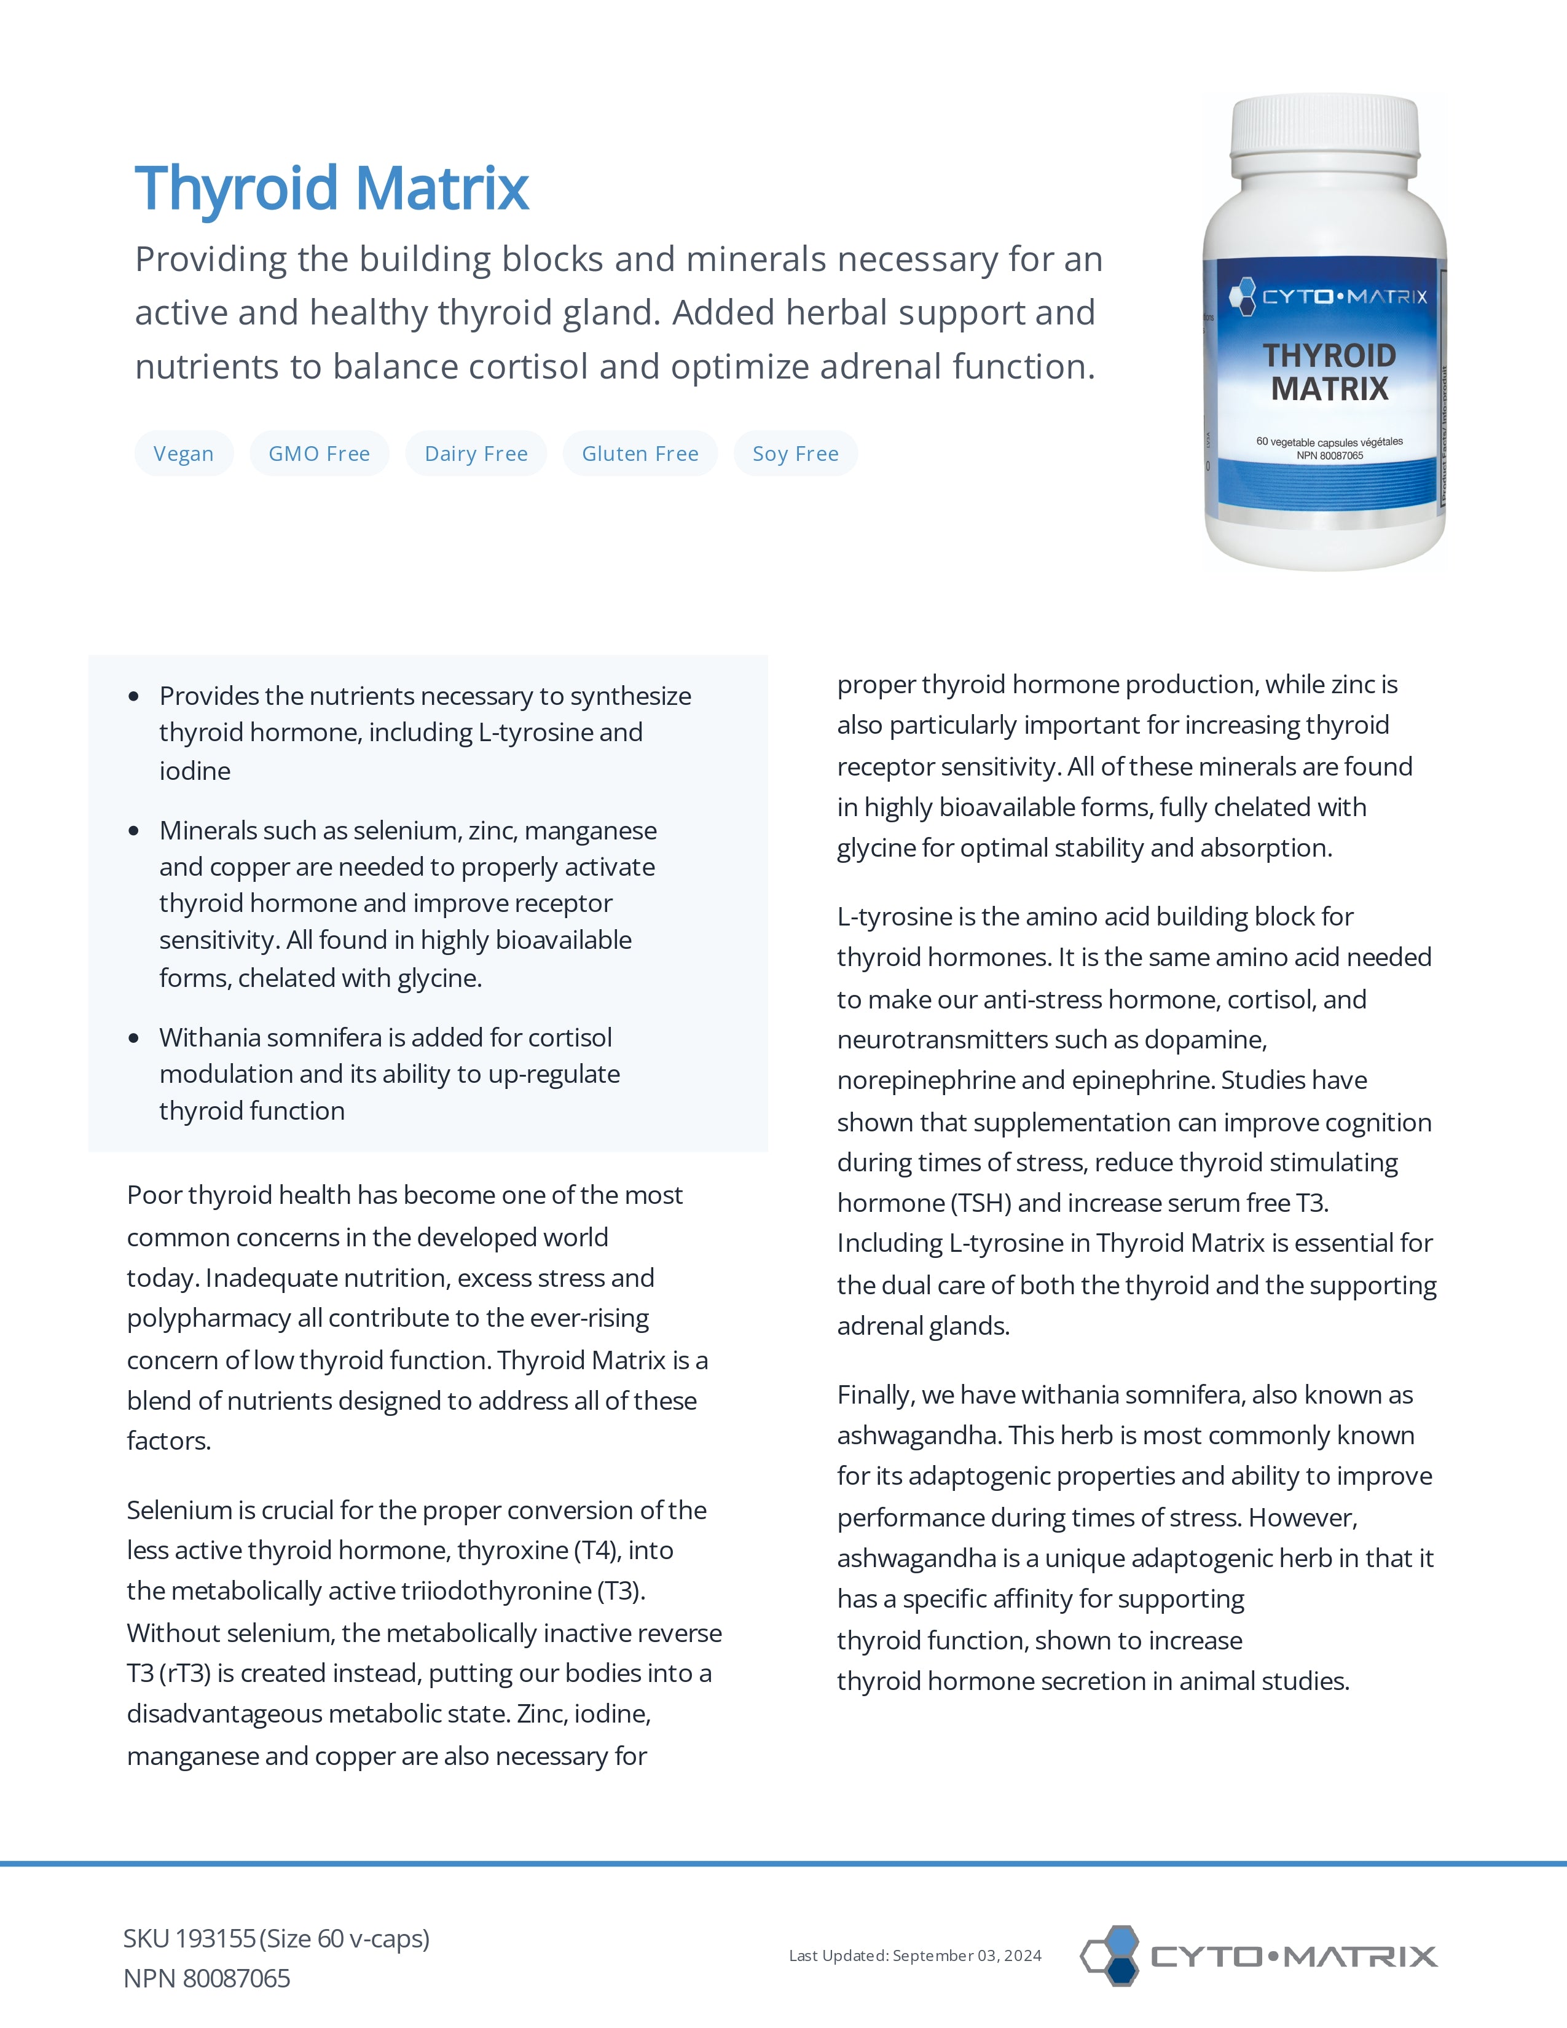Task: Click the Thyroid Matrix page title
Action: tap(331, 189)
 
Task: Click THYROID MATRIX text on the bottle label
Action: tap(1329, 371)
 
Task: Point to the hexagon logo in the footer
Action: tap(1111, 1955)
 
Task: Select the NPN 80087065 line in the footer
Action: tap(207, 1979)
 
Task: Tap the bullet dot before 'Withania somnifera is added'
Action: tap(135, 1038)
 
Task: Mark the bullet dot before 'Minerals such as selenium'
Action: tap(135, 831)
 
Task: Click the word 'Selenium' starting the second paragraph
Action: tap(178, 1511)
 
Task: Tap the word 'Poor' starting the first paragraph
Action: tap(154, 1195)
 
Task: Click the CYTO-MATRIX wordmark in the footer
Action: tap(1293, 1957)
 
